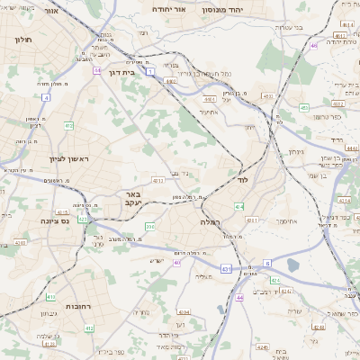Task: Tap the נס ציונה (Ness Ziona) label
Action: (x=56, y=220)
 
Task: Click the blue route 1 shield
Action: (x=150, y=70)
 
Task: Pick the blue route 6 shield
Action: (x=267, y=263)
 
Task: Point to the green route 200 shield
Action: (x=149, y=226)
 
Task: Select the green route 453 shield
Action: (x=304, y=108)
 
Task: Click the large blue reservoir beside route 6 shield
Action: (x=293, y=265)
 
